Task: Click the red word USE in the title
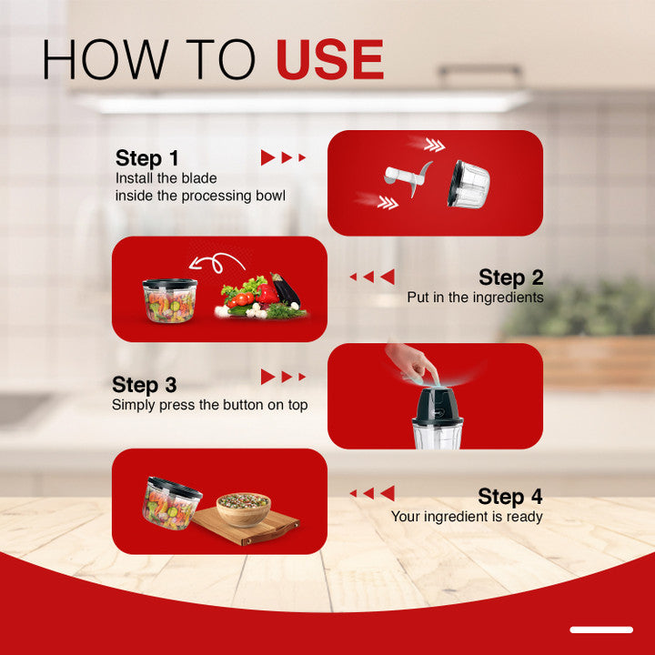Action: [329, 59]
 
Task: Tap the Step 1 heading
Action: [147, 158]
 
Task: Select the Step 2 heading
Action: [511, 277]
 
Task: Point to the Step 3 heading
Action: [144, 385]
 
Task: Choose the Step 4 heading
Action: [510, 497]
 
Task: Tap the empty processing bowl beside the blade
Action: [469, 184]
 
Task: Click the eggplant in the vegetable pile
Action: [286, 288]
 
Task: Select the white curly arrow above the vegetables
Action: [217, 263]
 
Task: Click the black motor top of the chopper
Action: [438, 405]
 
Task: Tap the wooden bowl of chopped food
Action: [244, 509]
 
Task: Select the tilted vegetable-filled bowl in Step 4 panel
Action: [172, 503]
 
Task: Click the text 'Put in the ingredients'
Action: [476, 297]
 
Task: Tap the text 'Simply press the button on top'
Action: [210, 405]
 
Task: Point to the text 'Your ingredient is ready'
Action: [467, 517]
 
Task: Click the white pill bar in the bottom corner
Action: [601, 630]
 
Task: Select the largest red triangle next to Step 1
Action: [267, 157]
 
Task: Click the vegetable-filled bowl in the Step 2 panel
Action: [169, 301]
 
